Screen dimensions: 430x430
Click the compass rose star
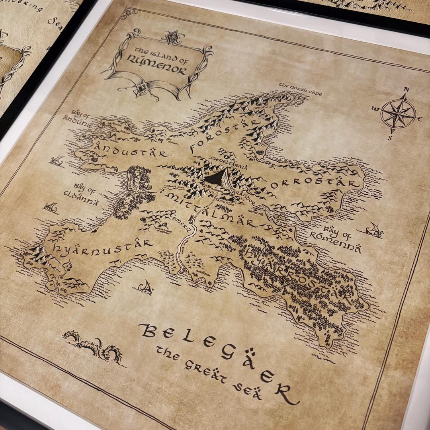coord(398,113)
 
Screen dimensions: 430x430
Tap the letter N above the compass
coord(407,90)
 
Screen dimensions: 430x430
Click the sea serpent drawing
coord(94,346)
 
